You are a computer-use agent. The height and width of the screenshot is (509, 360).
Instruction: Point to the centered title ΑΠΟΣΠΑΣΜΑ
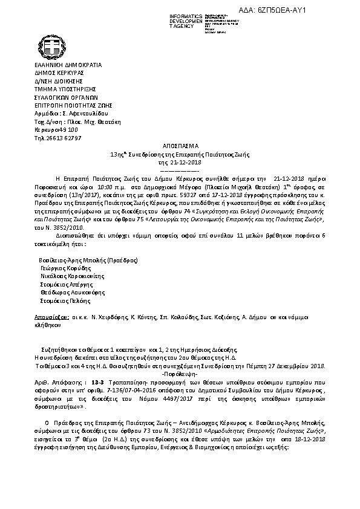click(180, 147)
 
